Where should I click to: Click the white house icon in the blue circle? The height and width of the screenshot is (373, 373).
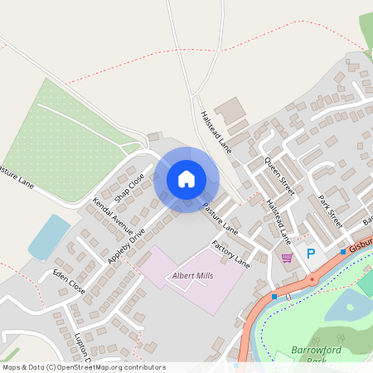[186, 179]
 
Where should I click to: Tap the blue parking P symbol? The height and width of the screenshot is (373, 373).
[311, 254]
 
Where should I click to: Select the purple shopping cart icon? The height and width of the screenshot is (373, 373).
[287, 258]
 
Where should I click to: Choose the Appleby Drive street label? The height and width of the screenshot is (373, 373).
[126, 246]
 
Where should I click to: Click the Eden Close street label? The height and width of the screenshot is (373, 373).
[69, 282]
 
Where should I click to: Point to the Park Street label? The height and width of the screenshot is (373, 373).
[331, 211]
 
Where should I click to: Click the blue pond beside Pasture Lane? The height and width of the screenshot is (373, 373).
[49, 236]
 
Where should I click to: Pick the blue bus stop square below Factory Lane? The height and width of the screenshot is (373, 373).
[274, 296]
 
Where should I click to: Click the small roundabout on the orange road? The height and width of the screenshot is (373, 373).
[312, 279]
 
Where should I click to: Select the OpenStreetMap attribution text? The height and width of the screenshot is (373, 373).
[83, 367]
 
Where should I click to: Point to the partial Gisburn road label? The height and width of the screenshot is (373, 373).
[361, 247]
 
